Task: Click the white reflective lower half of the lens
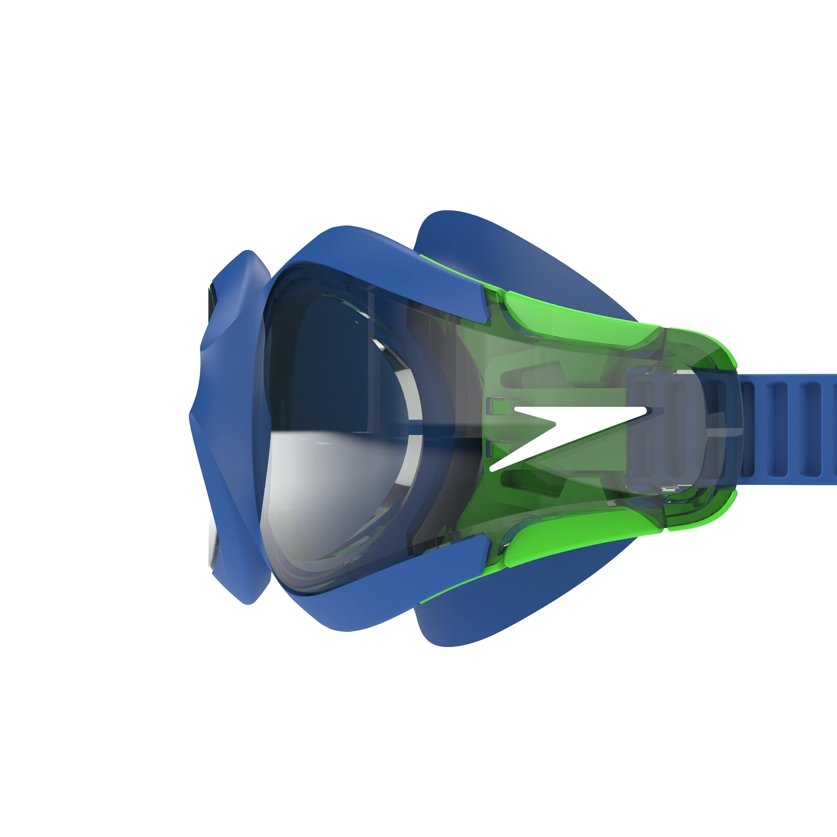(x=329, y=485)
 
